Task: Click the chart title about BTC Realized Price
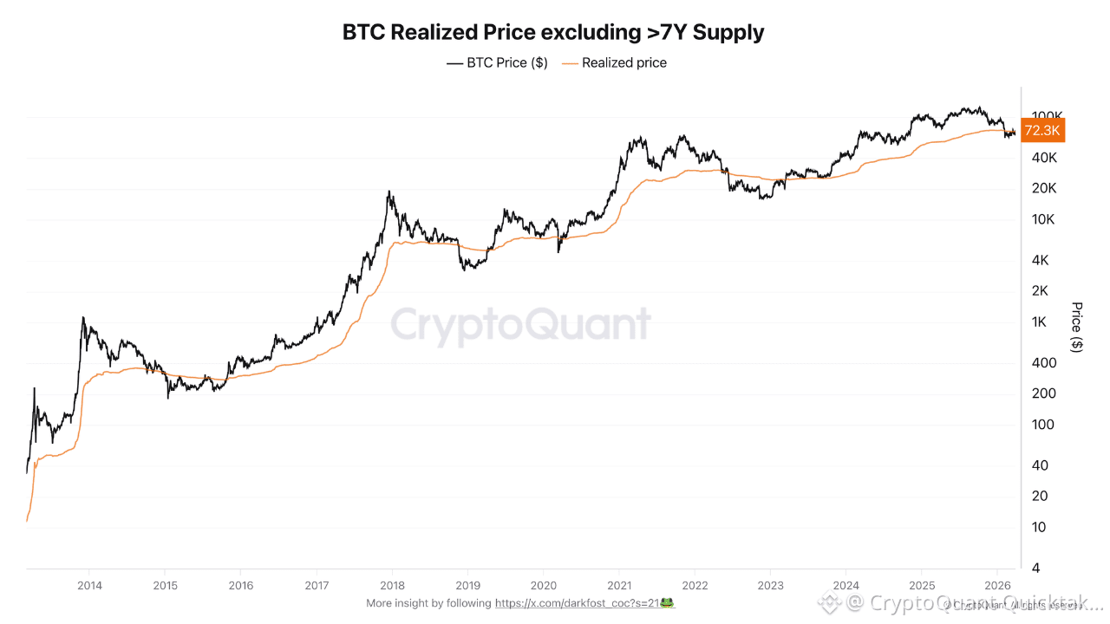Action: pos(553,33)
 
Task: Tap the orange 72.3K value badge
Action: pos(1041,131)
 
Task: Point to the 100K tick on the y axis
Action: pos(1048,115)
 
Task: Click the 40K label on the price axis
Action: pos(1044,157)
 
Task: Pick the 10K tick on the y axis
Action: pos(1044,219)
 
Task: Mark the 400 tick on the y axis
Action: pos(1044,362)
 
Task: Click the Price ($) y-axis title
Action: pos(1077,327)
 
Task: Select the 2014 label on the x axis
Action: pos(90,585)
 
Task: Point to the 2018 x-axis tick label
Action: pos(393,585)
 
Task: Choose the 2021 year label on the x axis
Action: pos(620,585)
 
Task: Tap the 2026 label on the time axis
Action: pos(997,585)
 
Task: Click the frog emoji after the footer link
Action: pos(667,602)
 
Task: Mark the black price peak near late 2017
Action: pos(389,192)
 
